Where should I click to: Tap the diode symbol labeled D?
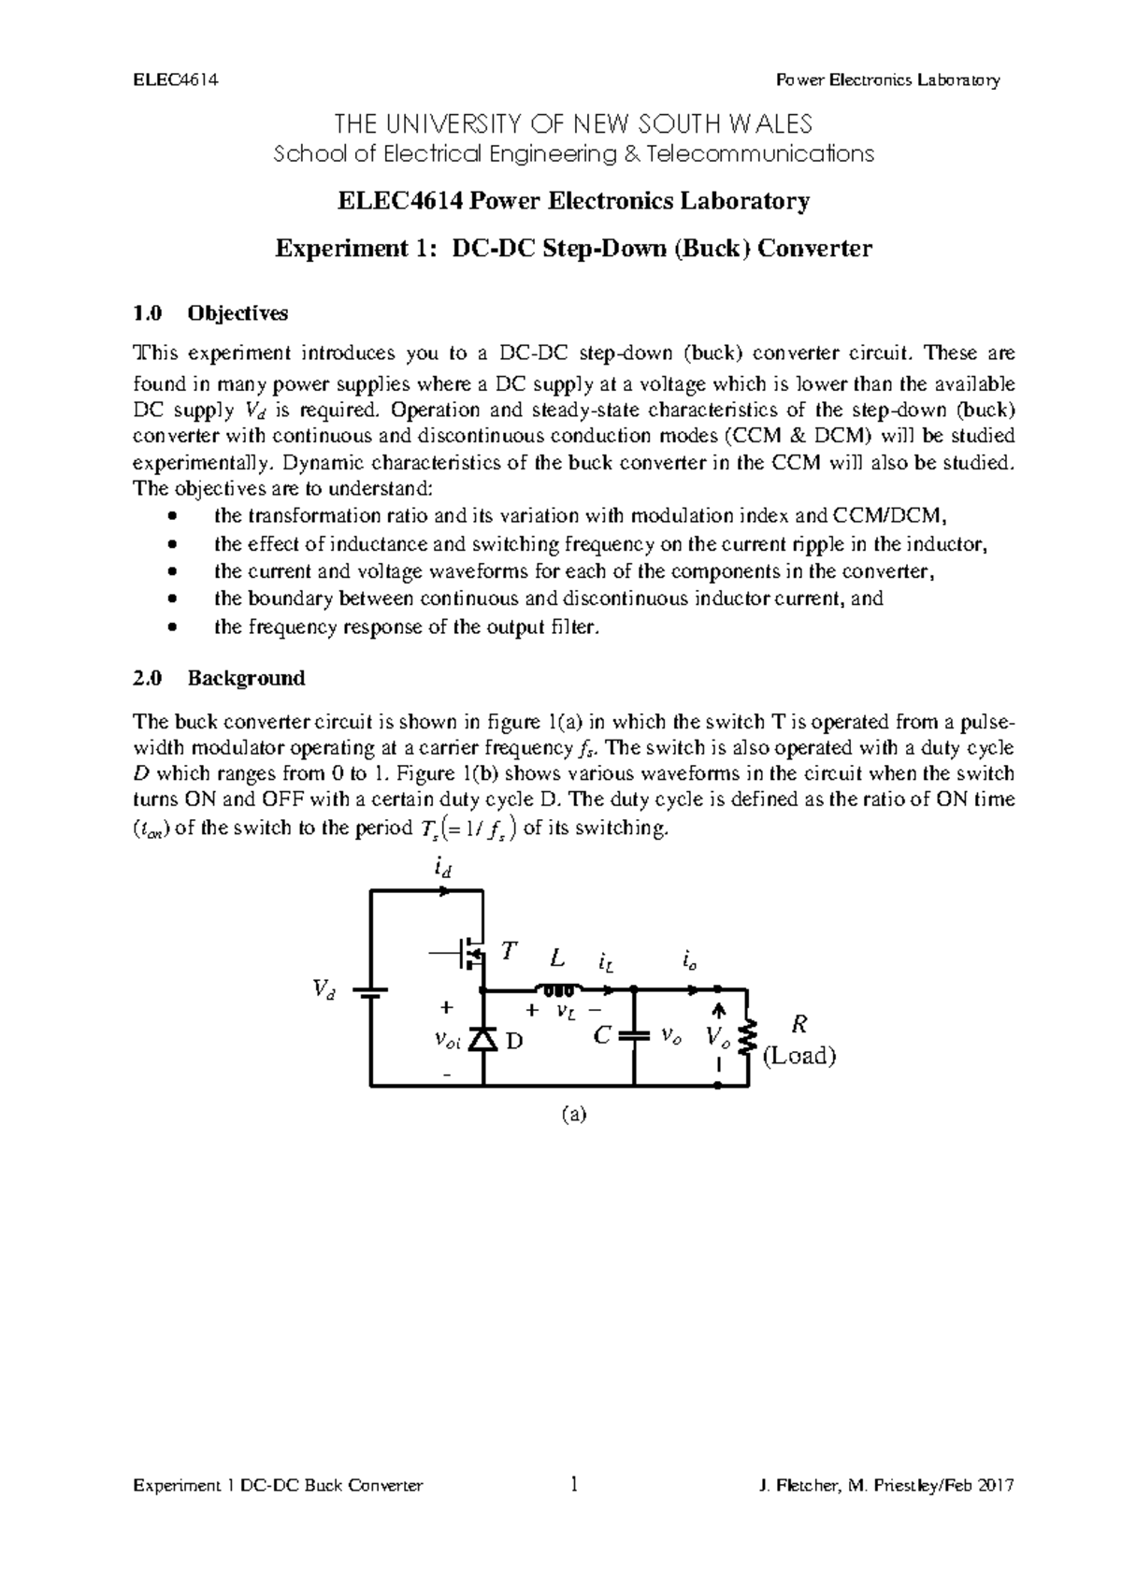[x=482, y=1039]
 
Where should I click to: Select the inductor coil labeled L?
[x=558, y=989]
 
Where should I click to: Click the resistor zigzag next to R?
[x=747, y=1036]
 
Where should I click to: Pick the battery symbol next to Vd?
[x=371, y=992]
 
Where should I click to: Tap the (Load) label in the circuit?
[x=798, y=1056]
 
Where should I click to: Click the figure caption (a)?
[x=573, y=1114]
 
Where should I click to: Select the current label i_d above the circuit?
[x=443, y=869]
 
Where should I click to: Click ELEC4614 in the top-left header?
[x=176, y=79]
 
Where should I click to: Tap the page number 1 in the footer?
[x=573, y=1484]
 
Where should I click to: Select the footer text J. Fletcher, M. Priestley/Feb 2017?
[x=887, y=1486]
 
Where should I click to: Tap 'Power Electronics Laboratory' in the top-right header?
[x=888, y=79]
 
